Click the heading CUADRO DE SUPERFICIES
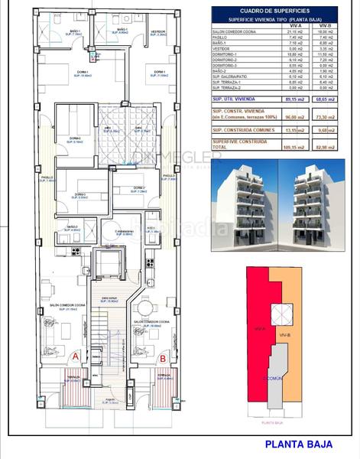[281, 11]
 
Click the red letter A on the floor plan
[74, 356]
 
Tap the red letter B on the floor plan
[163, 356]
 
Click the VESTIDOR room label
[158, 32]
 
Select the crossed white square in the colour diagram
[282, 313]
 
